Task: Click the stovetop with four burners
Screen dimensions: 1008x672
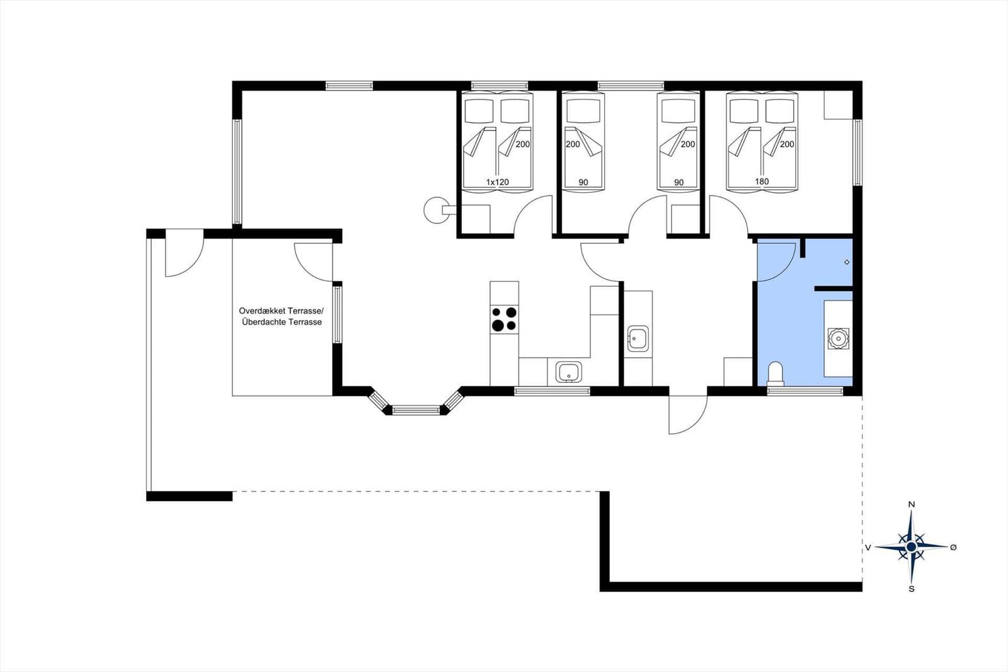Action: pos(504,319)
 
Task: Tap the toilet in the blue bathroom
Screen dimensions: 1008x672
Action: pos(776,374)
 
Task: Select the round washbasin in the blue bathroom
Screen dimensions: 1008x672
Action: pos(839,339)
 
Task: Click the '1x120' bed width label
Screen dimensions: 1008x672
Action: pos(497,182)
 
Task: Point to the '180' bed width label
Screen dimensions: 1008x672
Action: pos(762,182)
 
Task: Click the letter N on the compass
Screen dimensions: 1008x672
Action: pos(912,504)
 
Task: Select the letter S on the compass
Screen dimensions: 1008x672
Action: pos(912,589)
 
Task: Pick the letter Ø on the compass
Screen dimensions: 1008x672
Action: pos(953,547)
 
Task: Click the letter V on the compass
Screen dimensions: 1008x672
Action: pos(868,547)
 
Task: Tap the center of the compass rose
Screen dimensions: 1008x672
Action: pos(911,547)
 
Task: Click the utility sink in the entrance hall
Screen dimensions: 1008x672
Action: pos(638,339)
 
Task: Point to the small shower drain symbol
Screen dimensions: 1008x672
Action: pos(847,262)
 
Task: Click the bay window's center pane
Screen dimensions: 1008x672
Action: pos(416,410)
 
